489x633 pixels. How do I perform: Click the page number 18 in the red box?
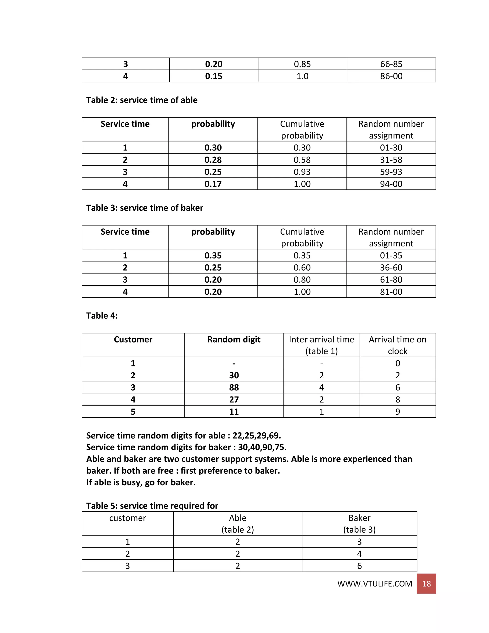pos(426,584)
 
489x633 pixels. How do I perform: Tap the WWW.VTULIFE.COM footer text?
pos(374,584)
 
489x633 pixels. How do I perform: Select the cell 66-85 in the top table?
pos(391,64)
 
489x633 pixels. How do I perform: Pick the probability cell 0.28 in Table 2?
pos(213,160)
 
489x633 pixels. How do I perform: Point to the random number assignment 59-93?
pos(391,172)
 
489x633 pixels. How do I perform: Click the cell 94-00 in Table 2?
pos(391,184)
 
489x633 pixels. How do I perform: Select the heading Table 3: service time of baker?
pos(144,208)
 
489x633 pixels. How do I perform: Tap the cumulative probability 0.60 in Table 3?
pos(302,268)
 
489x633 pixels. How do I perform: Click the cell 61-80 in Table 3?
pos(391,280)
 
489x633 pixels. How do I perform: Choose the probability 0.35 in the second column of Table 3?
pos(213,255)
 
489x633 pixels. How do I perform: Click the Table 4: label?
pos(102,316)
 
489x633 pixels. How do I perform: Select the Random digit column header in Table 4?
pos(234,339)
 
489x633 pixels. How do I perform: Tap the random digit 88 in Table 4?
pos(234,387)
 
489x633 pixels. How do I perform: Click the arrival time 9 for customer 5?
pos(398,412)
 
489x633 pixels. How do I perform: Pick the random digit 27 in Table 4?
pos(234,400)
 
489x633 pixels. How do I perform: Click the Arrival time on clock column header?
pos(398,345)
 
